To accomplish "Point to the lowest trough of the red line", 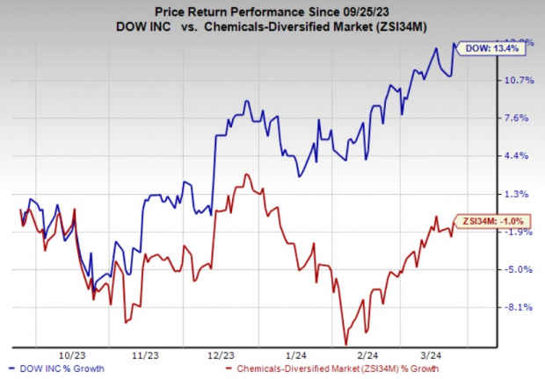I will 345,343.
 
